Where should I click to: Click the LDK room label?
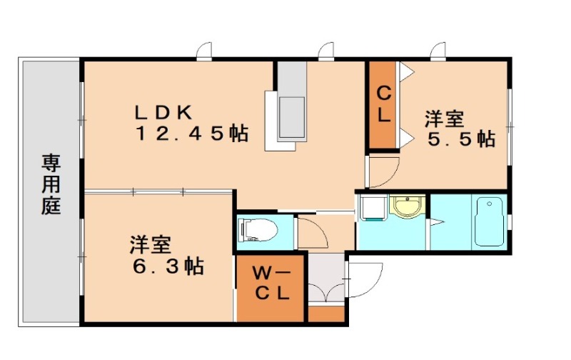tap(164, 112)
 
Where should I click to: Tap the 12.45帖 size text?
tap(191, 134)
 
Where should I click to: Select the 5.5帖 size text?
tap(460, 138)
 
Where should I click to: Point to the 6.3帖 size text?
tap(166, 267)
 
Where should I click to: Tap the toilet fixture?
tap(257, 230)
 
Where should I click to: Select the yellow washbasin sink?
tap(407, 208)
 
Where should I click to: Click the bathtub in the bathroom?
tap(489, 222)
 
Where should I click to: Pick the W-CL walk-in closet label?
tap(271, 283)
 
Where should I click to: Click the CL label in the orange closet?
tap(383, 104)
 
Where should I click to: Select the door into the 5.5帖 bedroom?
tap(382, 171)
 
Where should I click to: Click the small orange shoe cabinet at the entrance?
tap(325, 314)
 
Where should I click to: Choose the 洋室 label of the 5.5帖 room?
tap(446, 116)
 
